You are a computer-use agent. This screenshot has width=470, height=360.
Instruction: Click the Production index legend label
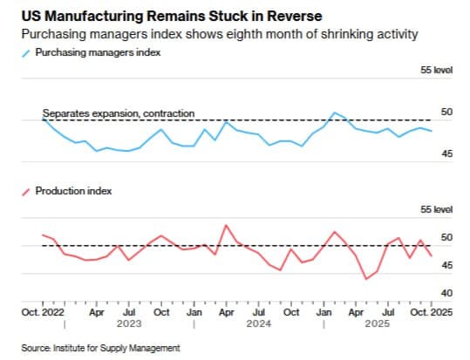tap(73, 189)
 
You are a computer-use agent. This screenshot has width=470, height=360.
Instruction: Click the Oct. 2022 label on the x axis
tap(43, 311)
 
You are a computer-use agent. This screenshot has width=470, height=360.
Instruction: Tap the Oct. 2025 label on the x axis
tap(433, 311)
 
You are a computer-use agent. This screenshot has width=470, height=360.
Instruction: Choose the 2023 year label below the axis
tap(128, 323)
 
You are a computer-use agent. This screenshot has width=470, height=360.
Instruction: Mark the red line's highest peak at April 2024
tap(227, 225)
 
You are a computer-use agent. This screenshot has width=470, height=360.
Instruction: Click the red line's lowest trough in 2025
tap(365, 279)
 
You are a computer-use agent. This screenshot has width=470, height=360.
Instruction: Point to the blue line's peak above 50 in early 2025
tap(334, 112)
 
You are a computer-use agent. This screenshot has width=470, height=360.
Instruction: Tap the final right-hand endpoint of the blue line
tap(432, 131)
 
